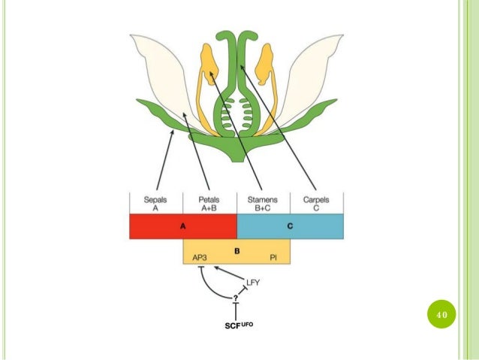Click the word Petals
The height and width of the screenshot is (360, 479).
209,200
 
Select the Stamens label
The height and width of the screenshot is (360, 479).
263,200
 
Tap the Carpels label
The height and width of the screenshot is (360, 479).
316,200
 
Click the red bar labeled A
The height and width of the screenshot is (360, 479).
183,226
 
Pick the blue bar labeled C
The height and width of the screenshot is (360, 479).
291,226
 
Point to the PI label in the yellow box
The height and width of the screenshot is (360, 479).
275,257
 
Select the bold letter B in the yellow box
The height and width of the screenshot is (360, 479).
236,250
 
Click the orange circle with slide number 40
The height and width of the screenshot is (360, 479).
441,313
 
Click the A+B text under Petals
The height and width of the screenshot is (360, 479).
209,209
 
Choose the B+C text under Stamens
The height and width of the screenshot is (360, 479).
263,209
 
